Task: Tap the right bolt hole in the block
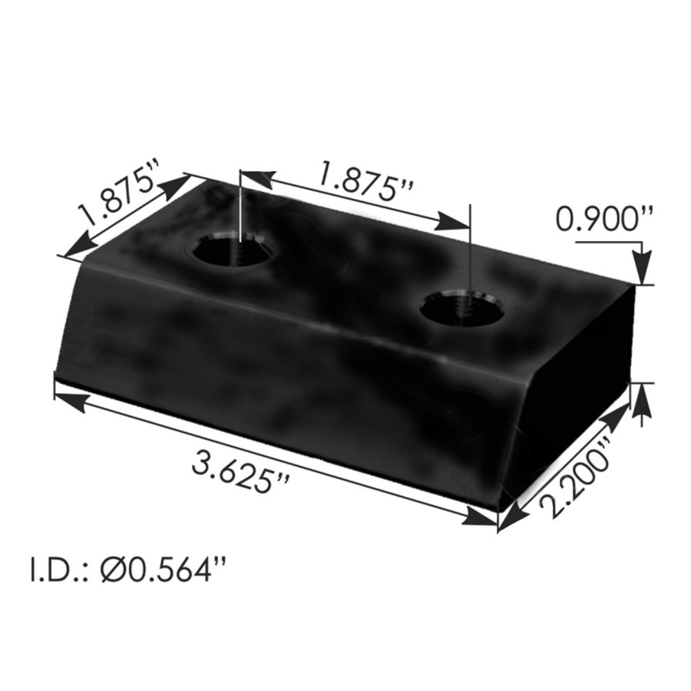tap(462, 310)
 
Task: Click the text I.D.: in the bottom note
tap(58, 571)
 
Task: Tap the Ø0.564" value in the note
tap(163, 571)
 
